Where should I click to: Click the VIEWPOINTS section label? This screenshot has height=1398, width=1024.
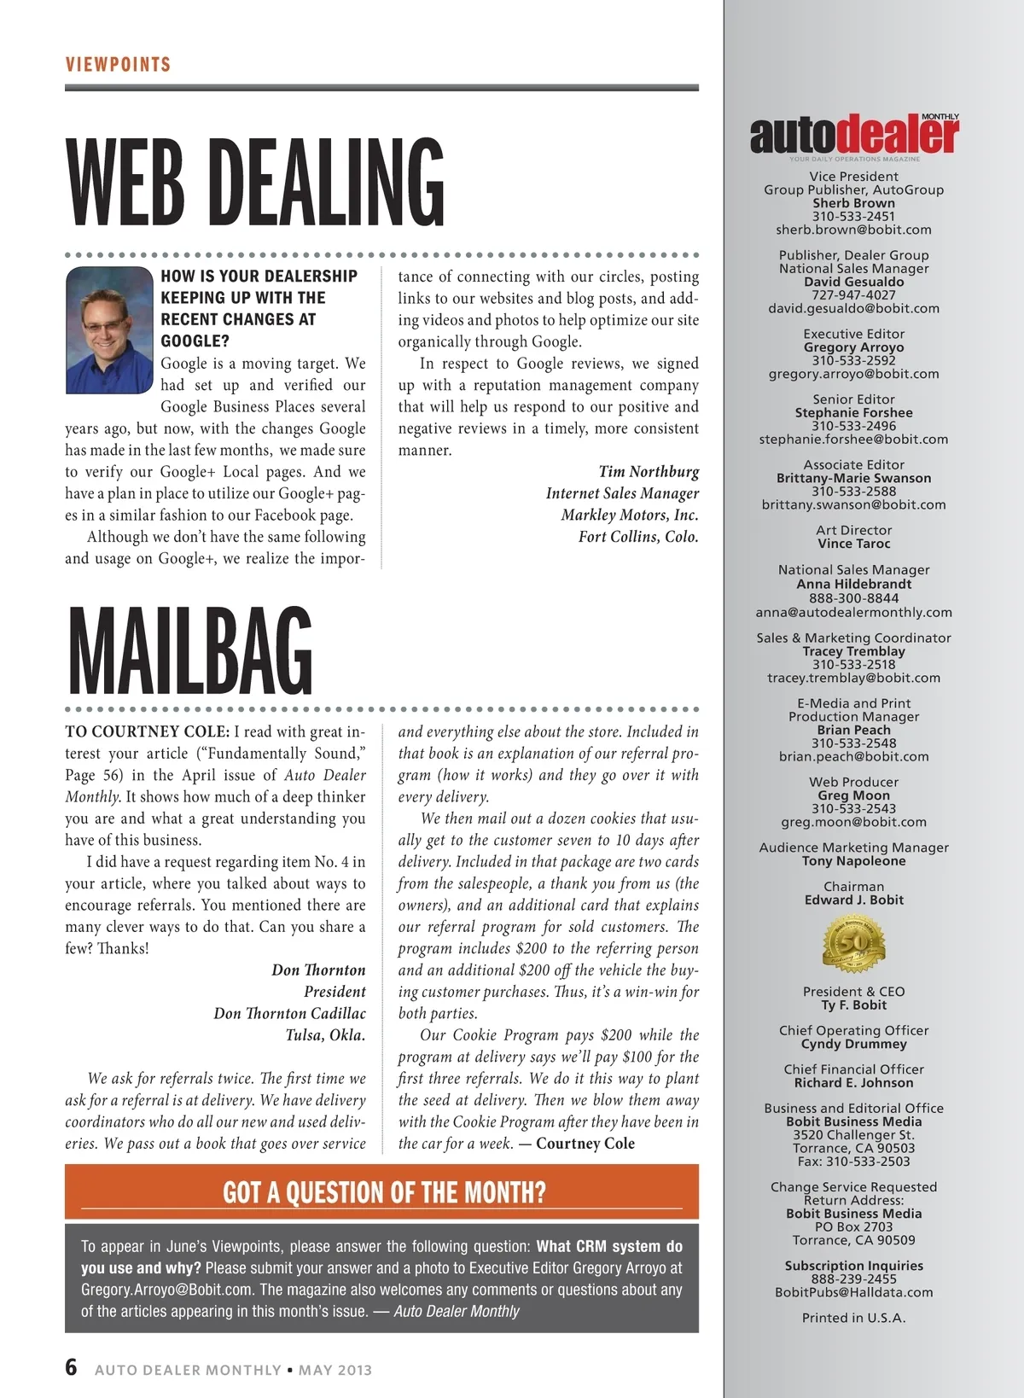point(118,65)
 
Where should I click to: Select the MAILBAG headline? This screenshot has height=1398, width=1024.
point(189,650)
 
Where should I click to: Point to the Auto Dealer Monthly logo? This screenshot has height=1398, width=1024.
point(853,136)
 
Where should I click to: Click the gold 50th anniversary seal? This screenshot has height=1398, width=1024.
point(853,944)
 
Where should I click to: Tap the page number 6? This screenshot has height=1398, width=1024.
point(72,1367)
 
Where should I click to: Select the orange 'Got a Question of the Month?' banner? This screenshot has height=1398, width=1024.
point(381,1191)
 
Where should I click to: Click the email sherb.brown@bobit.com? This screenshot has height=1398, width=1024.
point(853,230)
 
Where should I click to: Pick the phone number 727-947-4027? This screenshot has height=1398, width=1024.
point(853,295)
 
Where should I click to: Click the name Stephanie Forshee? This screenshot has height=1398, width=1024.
point(853,413)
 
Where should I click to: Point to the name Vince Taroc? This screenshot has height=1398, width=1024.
point(853,544)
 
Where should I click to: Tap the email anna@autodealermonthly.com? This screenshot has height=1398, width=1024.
point(853,612)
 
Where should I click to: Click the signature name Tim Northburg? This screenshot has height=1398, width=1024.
point(649,472)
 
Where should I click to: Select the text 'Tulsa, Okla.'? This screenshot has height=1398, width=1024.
point(325,1035)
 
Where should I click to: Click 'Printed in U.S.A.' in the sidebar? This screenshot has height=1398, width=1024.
point(853,1318)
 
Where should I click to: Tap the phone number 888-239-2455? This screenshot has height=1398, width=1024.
point(853,1279)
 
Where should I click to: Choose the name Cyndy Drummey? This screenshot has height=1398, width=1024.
point(853,1044)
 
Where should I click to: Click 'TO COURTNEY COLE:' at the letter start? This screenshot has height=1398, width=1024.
point(147,731)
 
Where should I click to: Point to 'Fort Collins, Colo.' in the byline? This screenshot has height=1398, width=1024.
point(638,537)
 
